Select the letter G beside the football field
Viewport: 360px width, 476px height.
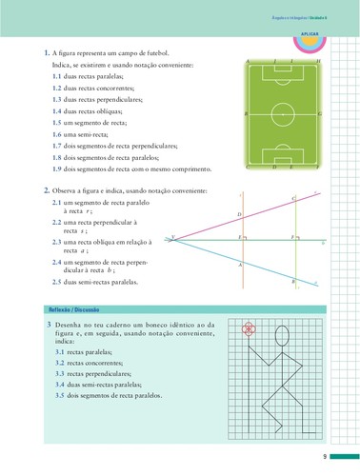[x=324, y=114]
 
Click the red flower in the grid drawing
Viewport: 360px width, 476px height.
[x=250, y=329]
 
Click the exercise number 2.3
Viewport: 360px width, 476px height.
[x=57, y=242]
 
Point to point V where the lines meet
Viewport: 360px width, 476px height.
[x=172, y=237]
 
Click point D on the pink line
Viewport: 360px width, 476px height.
[x=240, y=215]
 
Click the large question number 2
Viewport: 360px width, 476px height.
[x=47, y=190]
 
